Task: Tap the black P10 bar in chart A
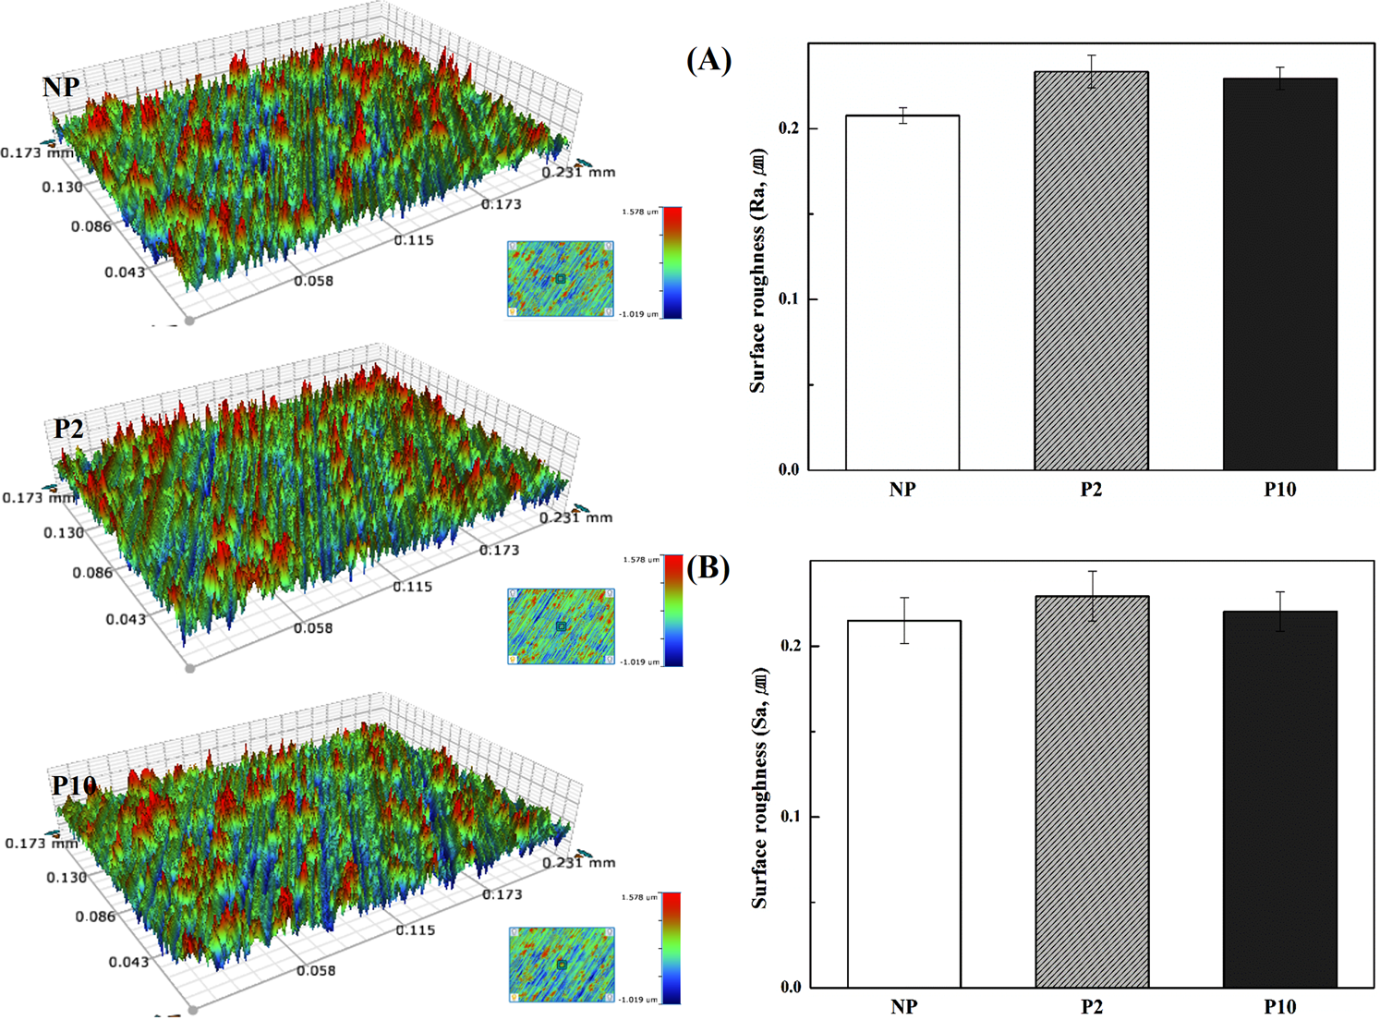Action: (1279, 274)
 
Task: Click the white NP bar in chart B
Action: (903, 804)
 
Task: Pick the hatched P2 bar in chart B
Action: (1092, 792)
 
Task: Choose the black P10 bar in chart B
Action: (1279, 799)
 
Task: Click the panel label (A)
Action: (708, 60)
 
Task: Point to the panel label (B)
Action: (708, 567)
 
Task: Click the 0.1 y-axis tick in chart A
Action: (788, 299)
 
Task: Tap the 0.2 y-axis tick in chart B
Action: (791, 646)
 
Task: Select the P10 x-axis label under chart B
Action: (1279, 1006)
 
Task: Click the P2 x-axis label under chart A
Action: (1091, 490)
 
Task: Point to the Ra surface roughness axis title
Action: (758, 270)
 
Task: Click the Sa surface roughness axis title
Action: (759, 787)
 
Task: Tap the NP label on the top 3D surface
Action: (61, 87)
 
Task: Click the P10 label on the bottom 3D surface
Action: (74, 785)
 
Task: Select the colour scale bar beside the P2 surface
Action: (672, 611)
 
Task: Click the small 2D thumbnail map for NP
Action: (560, 279)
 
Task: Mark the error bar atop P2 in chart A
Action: (1091, 71)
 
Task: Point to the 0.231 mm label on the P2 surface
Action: (575, 517)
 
